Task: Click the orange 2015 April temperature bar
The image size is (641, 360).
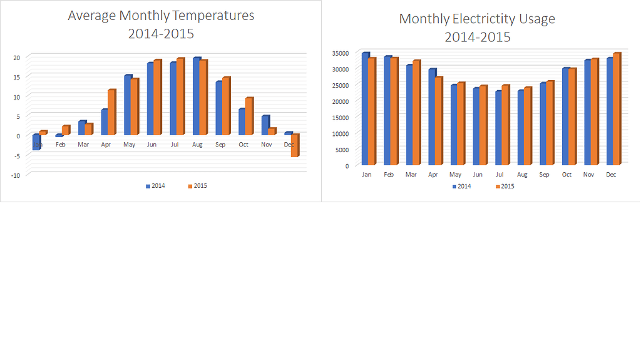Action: click(111, 113)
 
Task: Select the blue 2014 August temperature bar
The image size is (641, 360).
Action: click(196, 97)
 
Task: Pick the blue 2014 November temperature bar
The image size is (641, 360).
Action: click(265, 125)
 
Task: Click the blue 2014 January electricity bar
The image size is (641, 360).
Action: click(365, 110)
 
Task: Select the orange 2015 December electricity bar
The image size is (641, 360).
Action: click(616, 110)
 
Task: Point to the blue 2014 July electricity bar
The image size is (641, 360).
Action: click(498, 128)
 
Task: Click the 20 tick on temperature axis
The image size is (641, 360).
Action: click(17, 57)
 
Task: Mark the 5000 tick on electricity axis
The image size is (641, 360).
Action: click(342, 150)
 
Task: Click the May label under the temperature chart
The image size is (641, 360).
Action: click(129, 145)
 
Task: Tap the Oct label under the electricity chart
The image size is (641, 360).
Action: click(567, 175)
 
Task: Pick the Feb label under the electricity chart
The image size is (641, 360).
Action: click(388, 175)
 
